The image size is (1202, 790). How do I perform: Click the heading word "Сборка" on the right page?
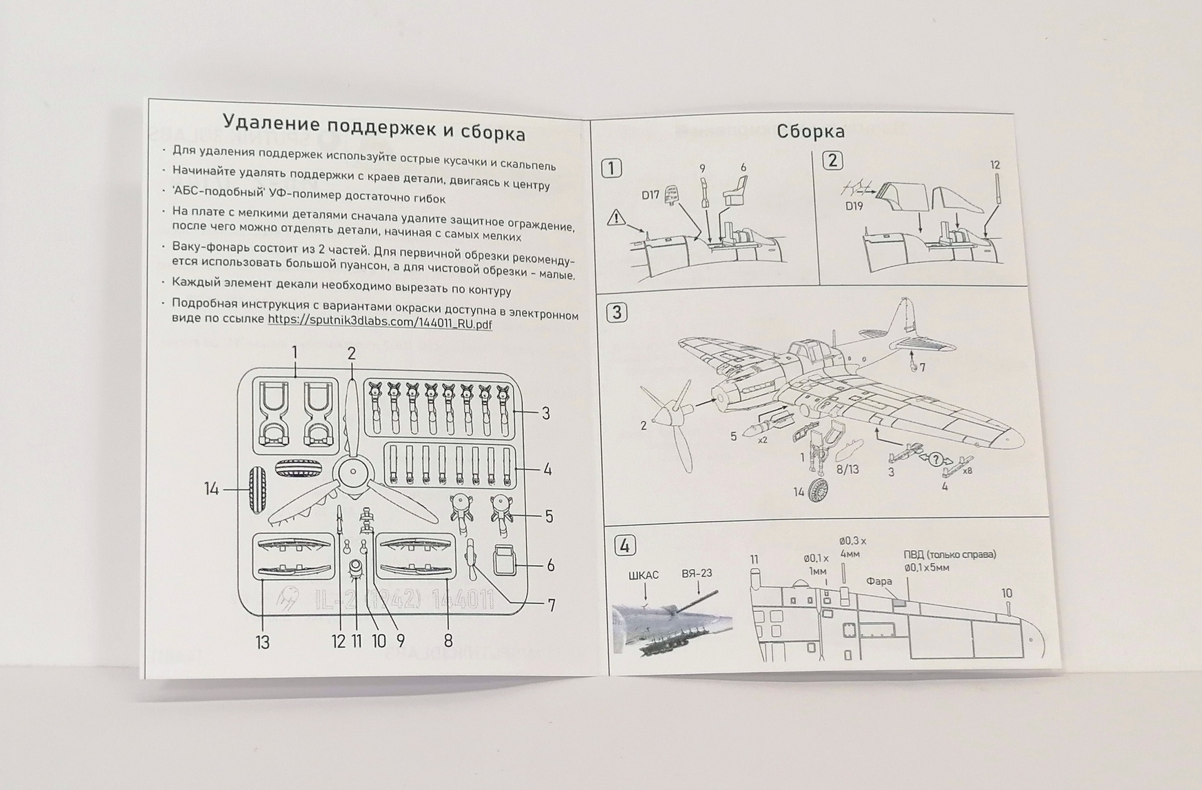(x=810, y=131)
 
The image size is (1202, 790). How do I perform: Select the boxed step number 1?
(x=612, y=168)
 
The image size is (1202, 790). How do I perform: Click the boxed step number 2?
(x=832, y=161)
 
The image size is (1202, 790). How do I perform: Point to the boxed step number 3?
(x=617, y=313)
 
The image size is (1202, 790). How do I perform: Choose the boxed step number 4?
(x=624, y=546)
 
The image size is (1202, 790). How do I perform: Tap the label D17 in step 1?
(x=650, y=195)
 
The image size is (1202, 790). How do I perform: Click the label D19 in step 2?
(x=854, y=206)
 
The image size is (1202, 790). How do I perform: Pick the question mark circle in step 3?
(x=936, y=459)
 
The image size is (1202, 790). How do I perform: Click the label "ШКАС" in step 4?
(x=643, y=575)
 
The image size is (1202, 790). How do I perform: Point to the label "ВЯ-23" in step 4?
(x=697, y=573)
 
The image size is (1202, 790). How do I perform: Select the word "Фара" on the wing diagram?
(x=879, y=582)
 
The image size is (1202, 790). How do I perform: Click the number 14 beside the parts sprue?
(x=211, y=489)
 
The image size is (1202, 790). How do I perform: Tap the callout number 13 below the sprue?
(x=262, y=642)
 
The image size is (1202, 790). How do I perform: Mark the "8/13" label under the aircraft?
(x=848, y=470)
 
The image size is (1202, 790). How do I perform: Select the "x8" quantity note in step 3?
(x=967, y=471)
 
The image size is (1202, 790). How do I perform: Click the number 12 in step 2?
(x=994, y=165)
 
